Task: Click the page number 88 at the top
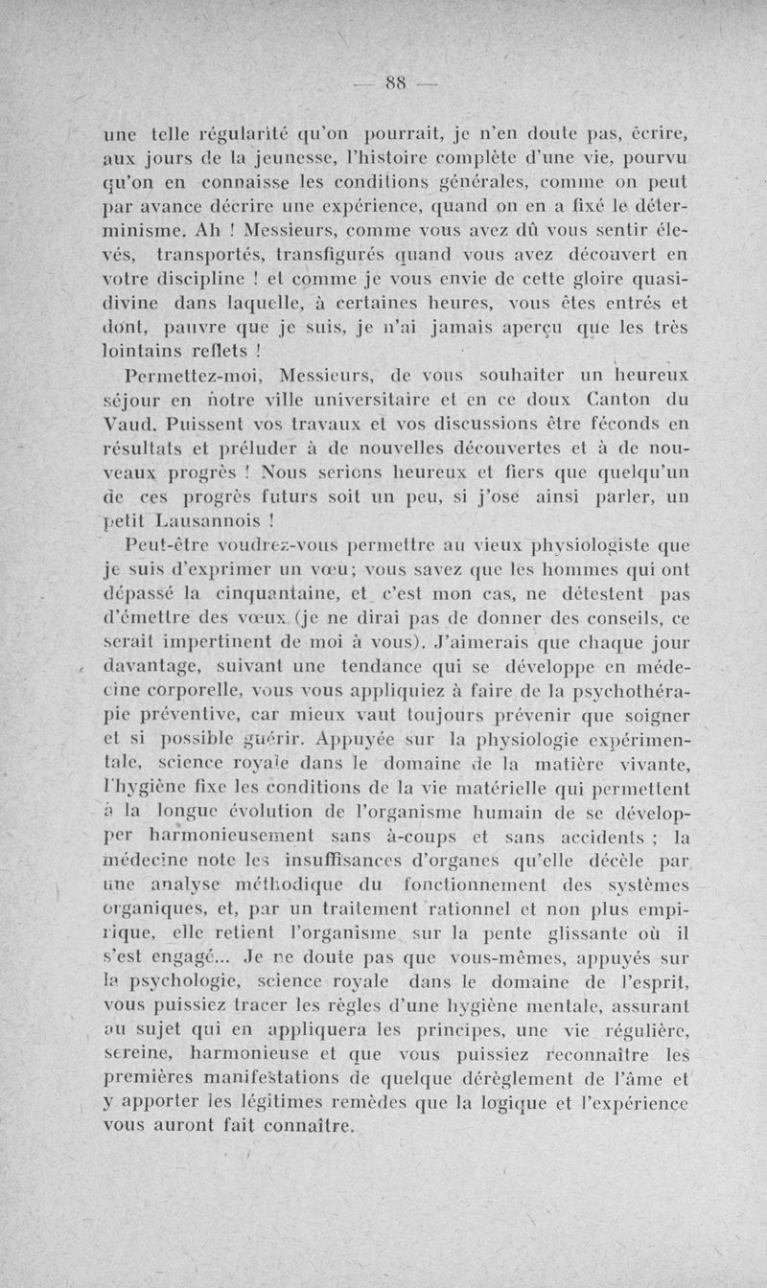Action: point(393,82)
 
